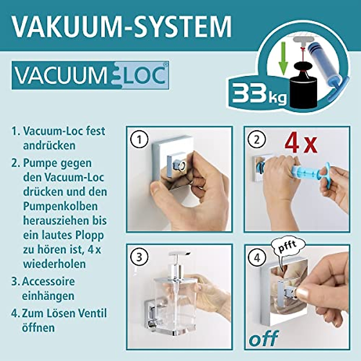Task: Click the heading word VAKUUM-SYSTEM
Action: click(122, 26)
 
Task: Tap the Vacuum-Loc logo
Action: click(90, 75)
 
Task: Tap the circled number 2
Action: click(257, 140)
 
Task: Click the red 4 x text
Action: click(301, 144)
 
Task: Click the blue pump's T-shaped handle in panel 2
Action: click(326, 174)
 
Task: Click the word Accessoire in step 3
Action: click(48, 282)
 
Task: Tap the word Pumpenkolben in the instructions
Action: click(60, 206)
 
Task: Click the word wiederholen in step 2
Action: click(54, 264)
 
